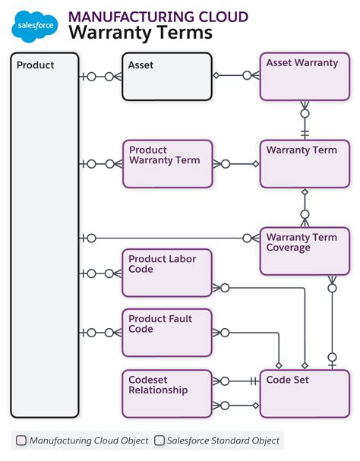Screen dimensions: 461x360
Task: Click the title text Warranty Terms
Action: coord(141,33)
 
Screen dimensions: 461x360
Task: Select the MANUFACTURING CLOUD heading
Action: coord(158,16)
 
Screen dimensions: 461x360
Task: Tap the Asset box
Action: coord(167,77)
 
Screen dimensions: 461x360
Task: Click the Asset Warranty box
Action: coord(305,77)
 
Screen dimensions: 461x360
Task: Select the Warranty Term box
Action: coord(305,164)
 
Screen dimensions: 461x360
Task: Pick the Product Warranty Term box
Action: coord(167,164)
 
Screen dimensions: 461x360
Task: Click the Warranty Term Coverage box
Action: coord(305,251)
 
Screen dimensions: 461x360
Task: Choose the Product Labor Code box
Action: coord(167,273)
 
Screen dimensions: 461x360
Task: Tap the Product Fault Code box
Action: coord(167,333)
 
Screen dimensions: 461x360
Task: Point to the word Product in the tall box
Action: coord(36,65)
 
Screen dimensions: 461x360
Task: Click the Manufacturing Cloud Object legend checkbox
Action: coord(21,440)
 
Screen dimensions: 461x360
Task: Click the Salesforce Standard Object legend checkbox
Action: coord(159,440)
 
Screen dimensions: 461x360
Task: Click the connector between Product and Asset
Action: coord(100,76)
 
